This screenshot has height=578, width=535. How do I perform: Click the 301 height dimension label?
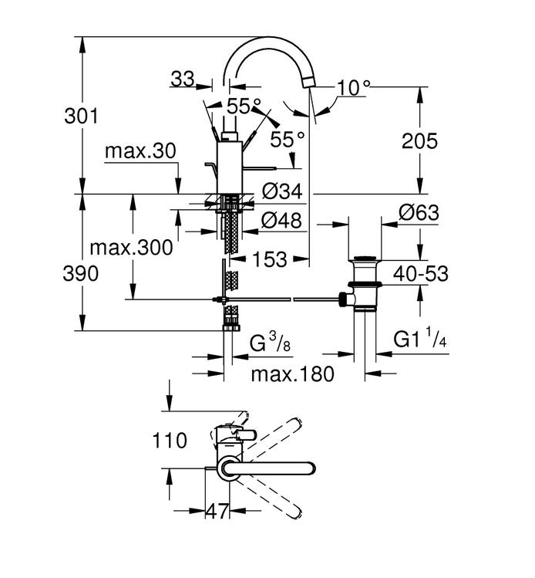(82, 116)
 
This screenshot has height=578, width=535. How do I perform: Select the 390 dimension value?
(81, 274)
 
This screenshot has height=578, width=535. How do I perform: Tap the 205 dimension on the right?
(419, 140)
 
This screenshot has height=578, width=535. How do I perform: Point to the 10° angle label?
(354, 88)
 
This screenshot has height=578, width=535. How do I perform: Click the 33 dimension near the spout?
(183, 79)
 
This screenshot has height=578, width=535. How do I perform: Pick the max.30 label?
(140, 151)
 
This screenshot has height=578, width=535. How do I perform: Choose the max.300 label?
(132, 248)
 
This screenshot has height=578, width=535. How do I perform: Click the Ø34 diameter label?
(282, 191)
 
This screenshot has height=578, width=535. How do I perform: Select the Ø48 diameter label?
(281, 221)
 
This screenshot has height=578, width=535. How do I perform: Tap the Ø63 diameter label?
(419, 213)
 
